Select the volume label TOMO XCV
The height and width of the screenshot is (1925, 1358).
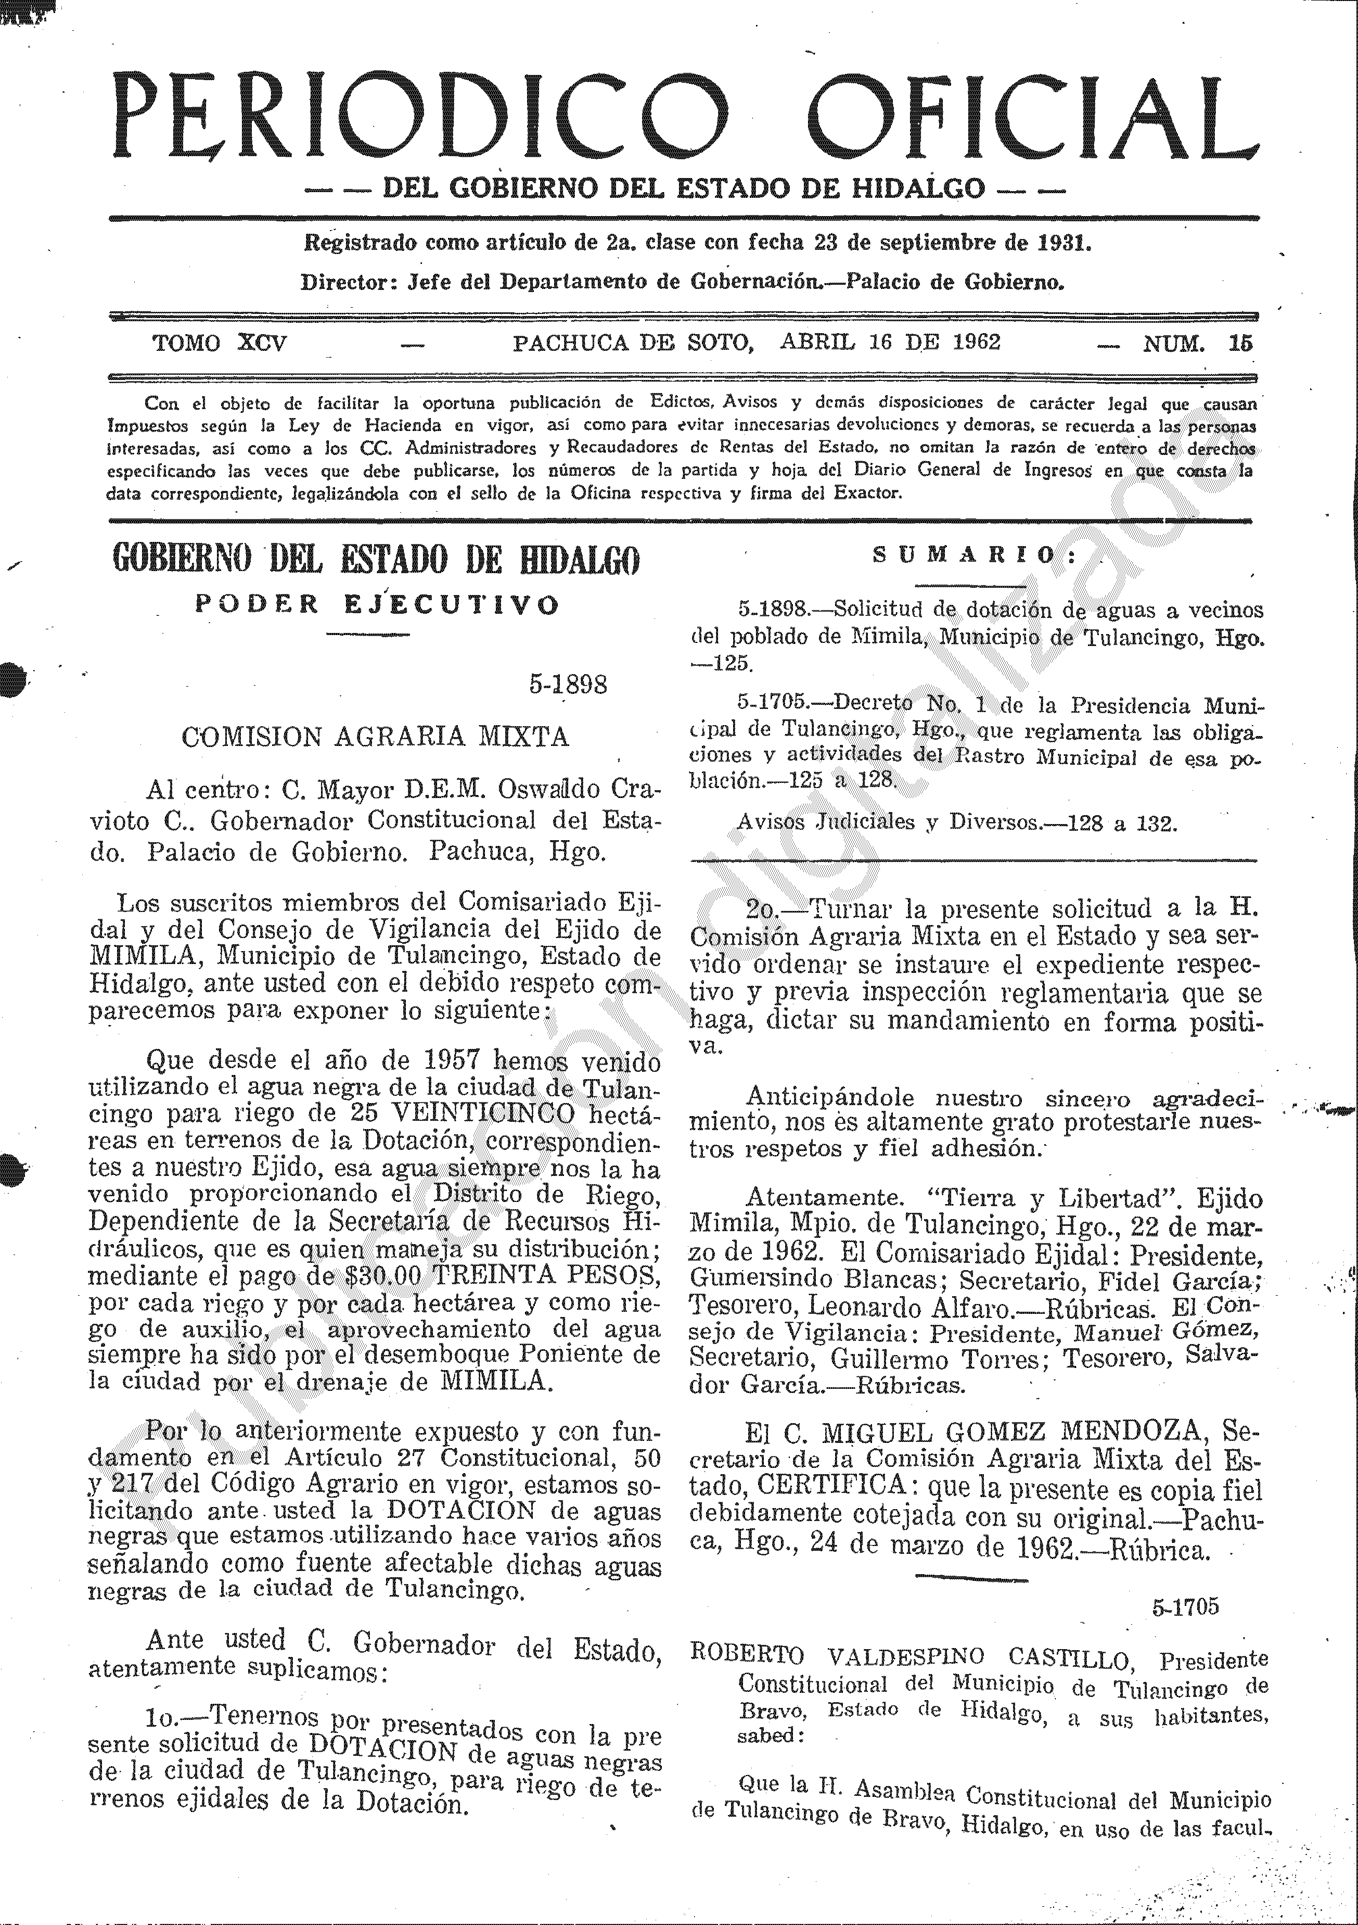(x=220, y=343)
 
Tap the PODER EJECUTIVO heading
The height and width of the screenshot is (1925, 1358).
(x=376, y=604)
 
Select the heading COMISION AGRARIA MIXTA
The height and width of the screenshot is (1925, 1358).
(x=376, y=737)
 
